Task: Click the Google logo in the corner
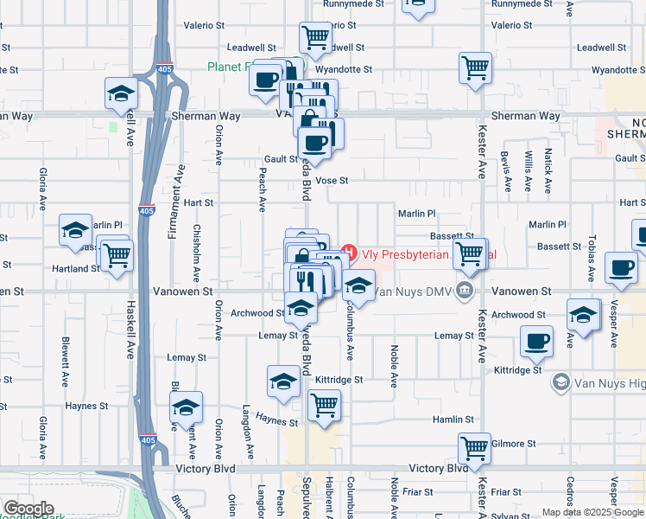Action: pyautogui.click(x=28, y=509)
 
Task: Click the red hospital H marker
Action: pyautogui.click(x=349, y=253)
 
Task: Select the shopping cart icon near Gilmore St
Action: pyautogui.click(x=474, y=448)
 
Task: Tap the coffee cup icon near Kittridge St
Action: pyautogui.click(x=537, y=340)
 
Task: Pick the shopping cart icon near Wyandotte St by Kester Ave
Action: pyautogui.click(x=475, y=67)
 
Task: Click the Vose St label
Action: pyautogui.click(x=332, y=181)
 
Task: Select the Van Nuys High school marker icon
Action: pyautogui.click(x=560, y=381)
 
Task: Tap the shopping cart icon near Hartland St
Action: pyautogui.click(x=117, y=254)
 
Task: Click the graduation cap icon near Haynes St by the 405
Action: pyautogui.click(x=186, y=407)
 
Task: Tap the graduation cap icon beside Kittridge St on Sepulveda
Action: pyautogui.click(x=283, y=381)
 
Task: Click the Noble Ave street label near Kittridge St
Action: pyautogui.click(x=394, y=367)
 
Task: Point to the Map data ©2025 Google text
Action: pyautogui.click(x=592, y=512)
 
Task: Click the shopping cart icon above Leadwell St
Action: pyautogui.click(x=315, y=37)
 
